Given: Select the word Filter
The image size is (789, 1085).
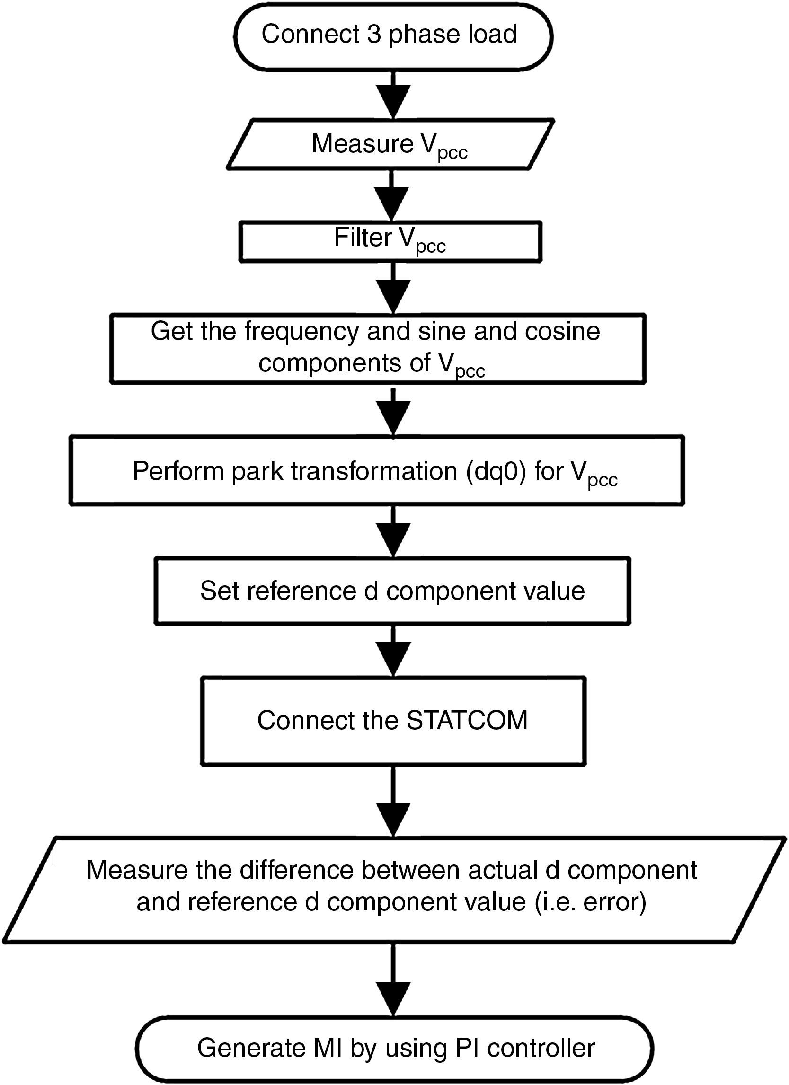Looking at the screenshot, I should click(362, 238).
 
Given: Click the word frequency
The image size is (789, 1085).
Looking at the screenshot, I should click(301, 332).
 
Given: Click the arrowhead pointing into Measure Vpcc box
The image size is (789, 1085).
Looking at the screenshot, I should click(393, 101).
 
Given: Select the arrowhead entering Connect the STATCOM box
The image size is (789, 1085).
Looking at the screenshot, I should click(393, 659).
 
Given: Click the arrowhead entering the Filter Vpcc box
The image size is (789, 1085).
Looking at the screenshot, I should click(393, 203).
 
